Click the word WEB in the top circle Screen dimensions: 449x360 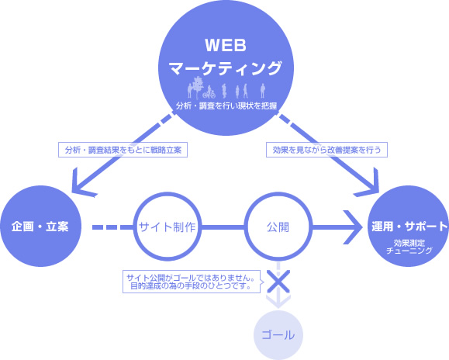coord(226,45)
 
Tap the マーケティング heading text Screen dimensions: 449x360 coord(226,68)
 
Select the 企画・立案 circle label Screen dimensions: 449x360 coord(40,227)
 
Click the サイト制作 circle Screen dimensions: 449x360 coord(168,227)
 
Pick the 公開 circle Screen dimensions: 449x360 coord(278,227)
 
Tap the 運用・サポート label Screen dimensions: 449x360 coord(409,227)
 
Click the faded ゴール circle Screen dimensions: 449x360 coord(278,335)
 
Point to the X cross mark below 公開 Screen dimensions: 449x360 coord(278,281)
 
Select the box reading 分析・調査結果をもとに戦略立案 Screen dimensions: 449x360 coord(123,150)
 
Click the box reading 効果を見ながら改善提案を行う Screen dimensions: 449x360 coord(326,150)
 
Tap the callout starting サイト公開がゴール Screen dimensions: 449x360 coord(192,282)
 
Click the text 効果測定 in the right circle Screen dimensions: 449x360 coord(409,243)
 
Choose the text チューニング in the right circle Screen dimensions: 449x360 coord(409,251)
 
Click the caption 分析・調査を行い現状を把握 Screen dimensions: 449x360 coord(226,106)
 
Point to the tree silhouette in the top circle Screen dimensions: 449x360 coord(198,86)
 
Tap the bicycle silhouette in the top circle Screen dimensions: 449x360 coord(209,94)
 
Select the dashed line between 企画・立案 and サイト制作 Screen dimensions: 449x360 coord(112,227)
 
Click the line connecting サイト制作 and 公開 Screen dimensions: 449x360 coord(223,227)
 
